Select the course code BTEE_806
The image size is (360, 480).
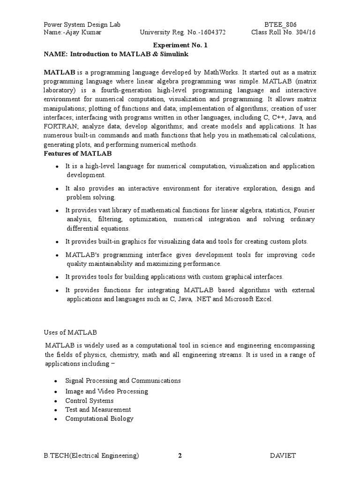pos(280,24)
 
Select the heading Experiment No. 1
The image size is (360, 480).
pos(180,45)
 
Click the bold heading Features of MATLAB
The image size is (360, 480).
pos(77,153)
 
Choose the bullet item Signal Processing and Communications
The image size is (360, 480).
pos(123,381)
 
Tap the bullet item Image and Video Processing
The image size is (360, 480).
pos(106,391)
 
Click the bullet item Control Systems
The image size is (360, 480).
pos(89,401)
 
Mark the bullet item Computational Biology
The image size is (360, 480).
pos(99,419)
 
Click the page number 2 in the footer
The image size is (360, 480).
pos(180,455)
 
